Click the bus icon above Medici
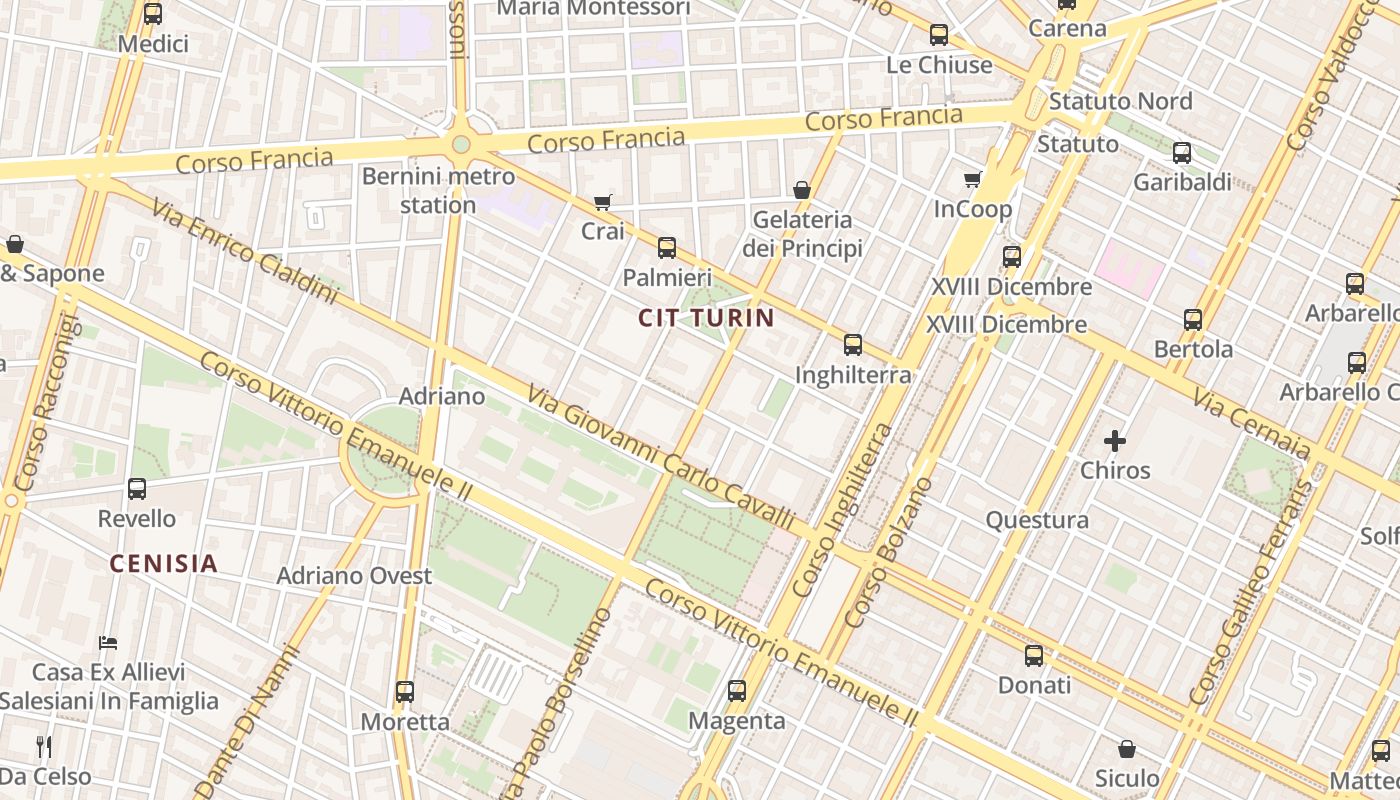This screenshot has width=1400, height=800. (153, 14)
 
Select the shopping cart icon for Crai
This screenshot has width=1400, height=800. (602, 203)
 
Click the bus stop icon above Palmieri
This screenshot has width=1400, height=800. (667, 248)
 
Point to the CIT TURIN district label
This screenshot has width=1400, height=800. (707, 318)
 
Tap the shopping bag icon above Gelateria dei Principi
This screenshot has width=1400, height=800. (801, 190)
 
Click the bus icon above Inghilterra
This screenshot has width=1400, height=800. (853, 345)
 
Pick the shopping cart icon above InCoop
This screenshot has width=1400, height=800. (972, 180)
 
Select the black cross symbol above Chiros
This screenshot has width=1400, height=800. (1115, 440)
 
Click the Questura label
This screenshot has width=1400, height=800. (1037, 520)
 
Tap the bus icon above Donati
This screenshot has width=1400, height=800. (1034, 656)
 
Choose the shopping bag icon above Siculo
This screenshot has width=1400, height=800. (1127, 749)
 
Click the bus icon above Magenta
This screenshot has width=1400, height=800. (737, 691)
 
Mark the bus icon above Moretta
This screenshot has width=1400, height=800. (405, 692)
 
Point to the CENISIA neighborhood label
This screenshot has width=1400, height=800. (163, 563)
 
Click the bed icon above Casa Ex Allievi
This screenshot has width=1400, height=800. (108, 642)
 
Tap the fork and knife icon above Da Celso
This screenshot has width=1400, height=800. (44, 746)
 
